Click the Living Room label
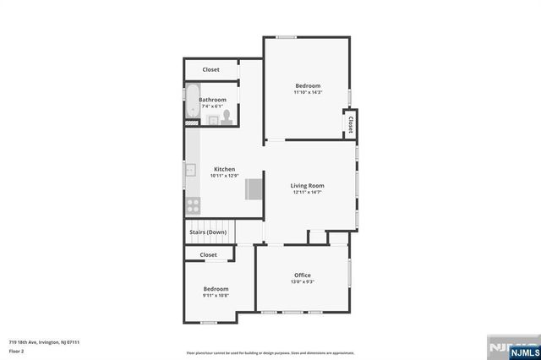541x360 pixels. click(x=307, y=185)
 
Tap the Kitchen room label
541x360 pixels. click(x=224, y=168)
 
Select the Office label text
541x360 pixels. click(x=303, y=275)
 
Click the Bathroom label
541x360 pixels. click(x=212, y=100)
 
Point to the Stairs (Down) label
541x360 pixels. click(x=206, y=232)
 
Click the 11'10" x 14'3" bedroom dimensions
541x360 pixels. click(x=308, y=92)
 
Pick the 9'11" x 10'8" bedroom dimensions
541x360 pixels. click(x=216, y=296)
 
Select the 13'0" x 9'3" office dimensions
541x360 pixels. click(x=303, y=282)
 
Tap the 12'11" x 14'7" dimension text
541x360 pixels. click(x=307, y=193)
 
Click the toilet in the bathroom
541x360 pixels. click(x=227, y=116)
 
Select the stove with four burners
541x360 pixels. click(x=192, y=204)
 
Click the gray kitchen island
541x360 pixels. click(x=254, y=189)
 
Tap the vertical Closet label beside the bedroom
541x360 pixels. click(x=350, y=123)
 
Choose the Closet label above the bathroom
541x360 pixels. click(x=210, y=69)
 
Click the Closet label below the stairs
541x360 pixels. click(x=208, y=254)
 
